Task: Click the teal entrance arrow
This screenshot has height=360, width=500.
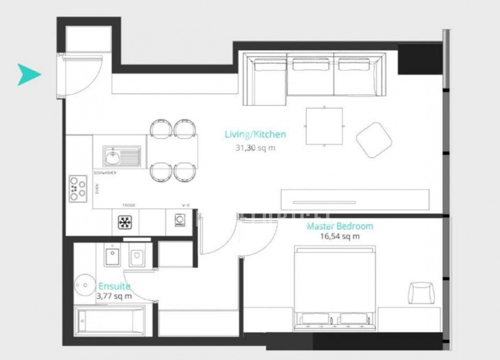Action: point(28,74)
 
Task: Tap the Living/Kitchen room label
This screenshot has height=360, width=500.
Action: point(255,134)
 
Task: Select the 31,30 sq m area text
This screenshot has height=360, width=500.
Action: point(255,147)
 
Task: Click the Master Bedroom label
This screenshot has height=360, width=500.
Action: point(340,226)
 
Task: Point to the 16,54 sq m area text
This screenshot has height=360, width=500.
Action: point(340,236)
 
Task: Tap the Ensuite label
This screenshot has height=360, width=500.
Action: point(114,286)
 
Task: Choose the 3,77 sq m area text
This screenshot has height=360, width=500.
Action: point(114,296)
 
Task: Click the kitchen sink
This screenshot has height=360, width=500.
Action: point(121,156)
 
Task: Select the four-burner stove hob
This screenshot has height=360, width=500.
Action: point(78,188)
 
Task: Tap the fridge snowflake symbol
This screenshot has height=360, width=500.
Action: point(125,221)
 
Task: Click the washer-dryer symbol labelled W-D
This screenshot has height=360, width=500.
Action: point(180,220)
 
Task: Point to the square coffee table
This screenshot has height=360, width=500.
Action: point(324,126)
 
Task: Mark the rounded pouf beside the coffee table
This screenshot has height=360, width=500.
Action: point(374,139)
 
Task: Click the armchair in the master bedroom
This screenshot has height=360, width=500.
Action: point(421,293)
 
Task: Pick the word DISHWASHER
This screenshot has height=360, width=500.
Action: point(105,173)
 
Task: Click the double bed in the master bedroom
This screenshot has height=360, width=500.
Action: point(334,287)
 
